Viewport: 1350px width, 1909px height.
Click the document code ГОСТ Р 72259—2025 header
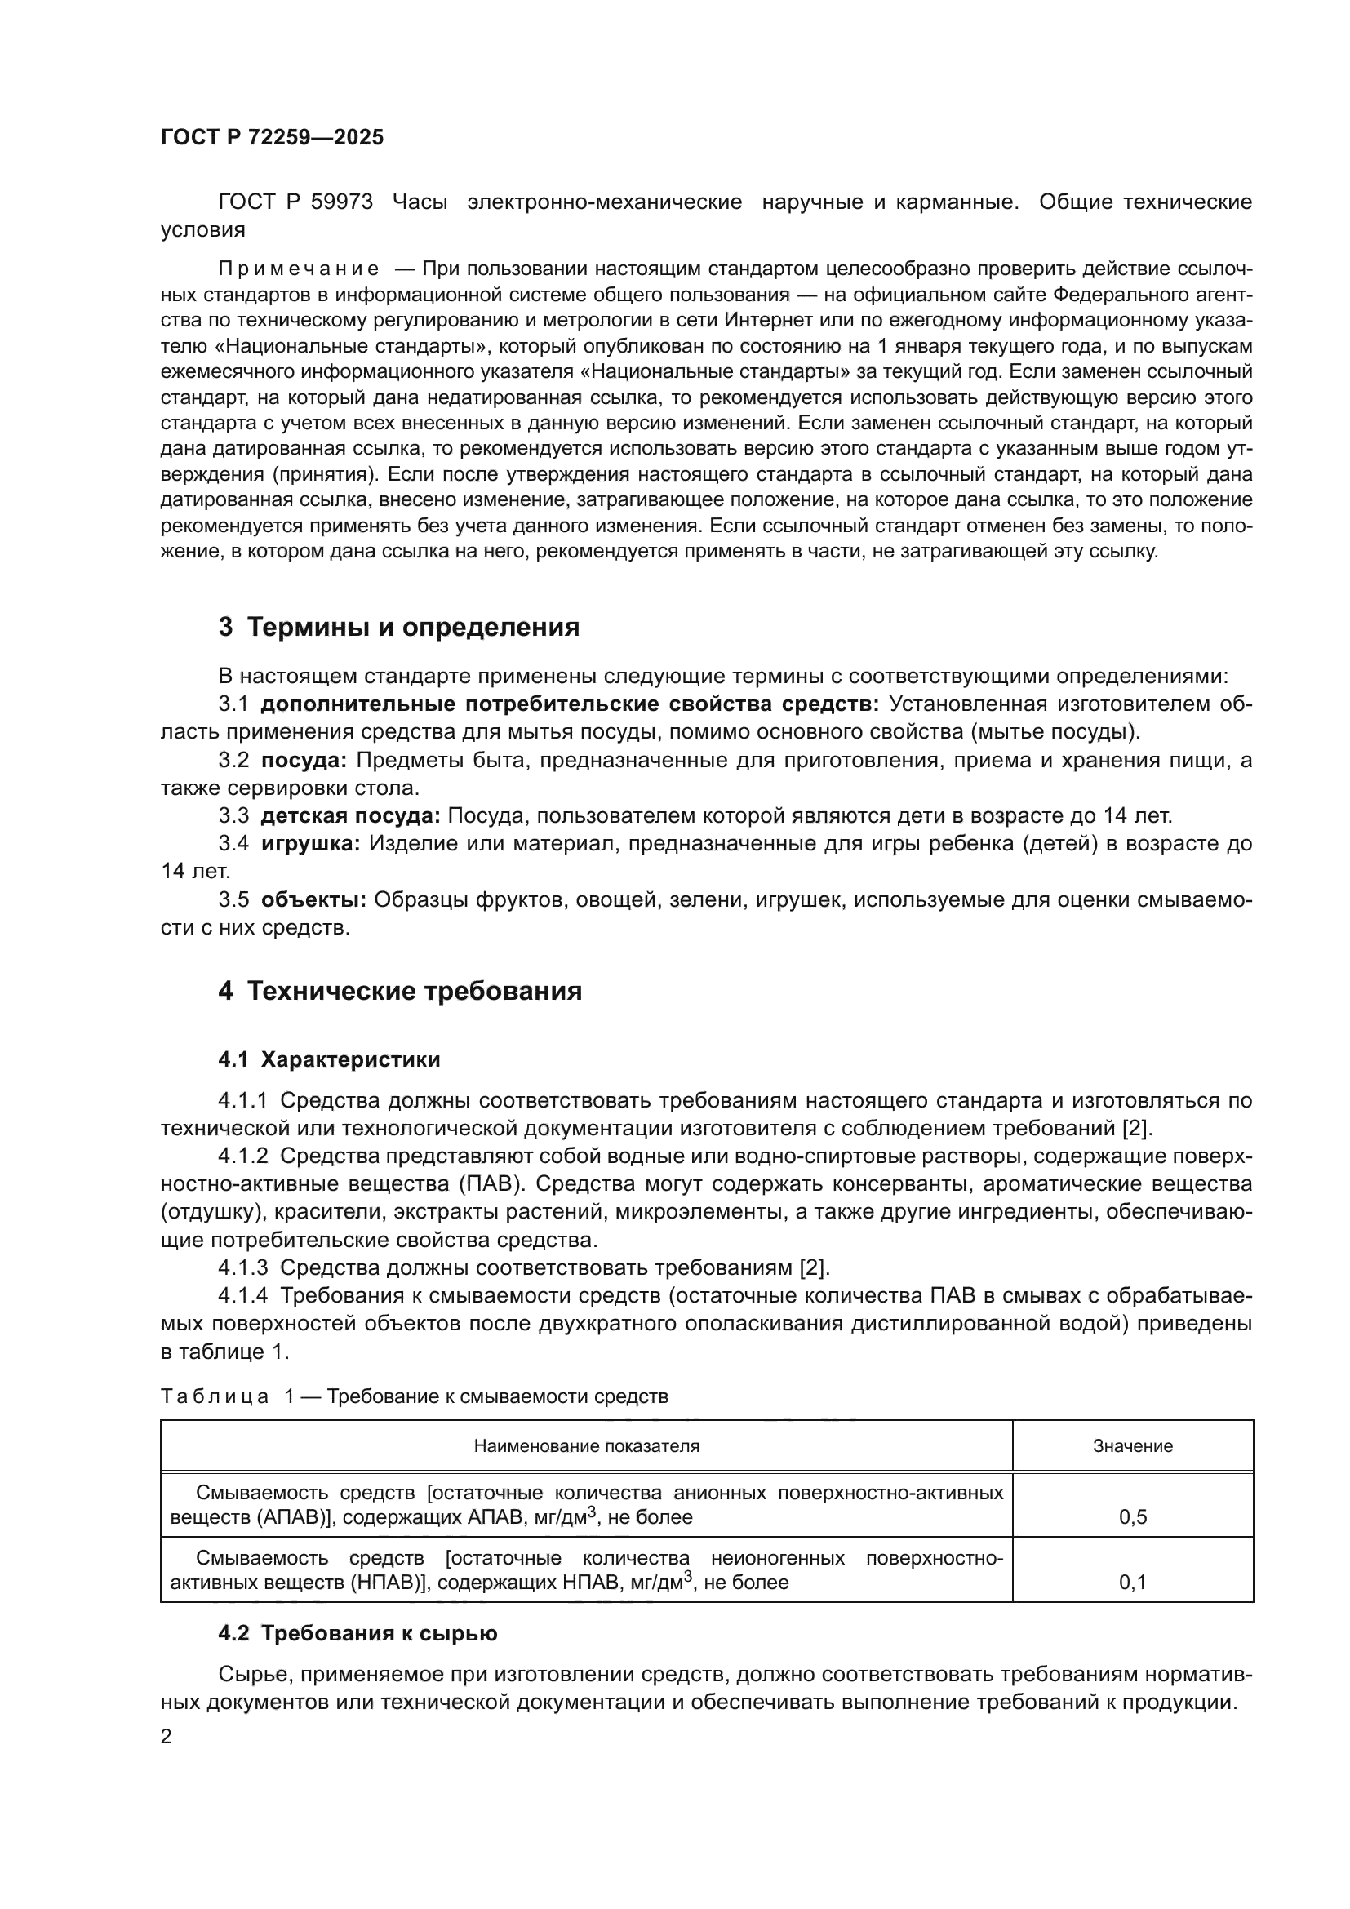272,137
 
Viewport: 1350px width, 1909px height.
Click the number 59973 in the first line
342,202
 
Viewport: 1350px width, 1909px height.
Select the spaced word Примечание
299,269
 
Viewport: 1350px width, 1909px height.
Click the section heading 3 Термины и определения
399,627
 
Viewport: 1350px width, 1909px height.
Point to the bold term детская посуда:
350,815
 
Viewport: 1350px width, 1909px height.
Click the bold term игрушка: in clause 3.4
310,844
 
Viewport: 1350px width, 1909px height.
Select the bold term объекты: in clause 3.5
313,899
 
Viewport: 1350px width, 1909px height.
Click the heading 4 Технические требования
400,992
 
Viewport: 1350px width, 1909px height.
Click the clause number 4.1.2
242,1156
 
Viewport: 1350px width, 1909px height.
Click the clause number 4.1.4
242,1295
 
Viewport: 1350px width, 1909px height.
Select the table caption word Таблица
215,1396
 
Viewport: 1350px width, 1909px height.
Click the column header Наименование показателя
586,1446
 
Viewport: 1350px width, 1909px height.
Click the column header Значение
1132,1446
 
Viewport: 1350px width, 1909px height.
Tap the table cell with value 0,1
1132,1583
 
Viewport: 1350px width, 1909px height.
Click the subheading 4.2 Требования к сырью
357,1634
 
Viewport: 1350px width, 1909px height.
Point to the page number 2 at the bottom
167,1737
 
